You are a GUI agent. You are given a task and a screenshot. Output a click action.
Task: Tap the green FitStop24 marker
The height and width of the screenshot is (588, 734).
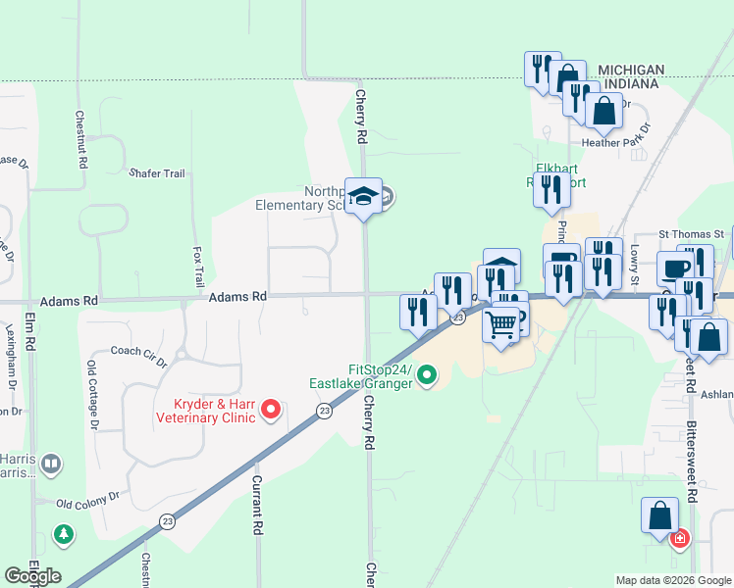coord(427,374)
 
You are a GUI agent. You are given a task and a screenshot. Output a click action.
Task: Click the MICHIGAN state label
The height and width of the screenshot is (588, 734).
coord(631,71)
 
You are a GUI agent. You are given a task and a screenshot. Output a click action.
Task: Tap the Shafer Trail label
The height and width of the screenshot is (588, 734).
coord(157,173)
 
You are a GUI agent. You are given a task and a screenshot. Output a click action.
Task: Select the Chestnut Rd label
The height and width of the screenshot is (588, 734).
coord(80,137)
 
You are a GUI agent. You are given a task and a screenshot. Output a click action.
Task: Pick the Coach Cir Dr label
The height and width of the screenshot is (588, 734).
coord(138,354)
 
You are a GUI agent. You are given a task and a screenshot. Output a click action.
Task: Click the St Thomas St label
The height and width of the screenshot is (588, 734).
coord(690,235)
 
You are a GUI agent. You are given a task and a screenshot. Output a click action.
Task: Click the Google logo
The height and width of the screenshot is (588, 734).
coord(32,575)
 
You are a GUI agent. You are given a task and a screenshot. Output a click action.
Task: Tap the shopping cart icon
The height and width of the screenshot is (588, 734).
coord(501,323)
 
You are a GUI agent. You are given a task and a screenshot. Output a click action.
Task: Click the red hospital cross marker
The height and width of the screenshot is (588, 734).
coord(678,538)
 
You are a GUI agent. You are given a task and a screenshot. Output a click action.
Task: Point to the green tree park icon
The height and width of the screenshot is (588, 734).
coord(64,535)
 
